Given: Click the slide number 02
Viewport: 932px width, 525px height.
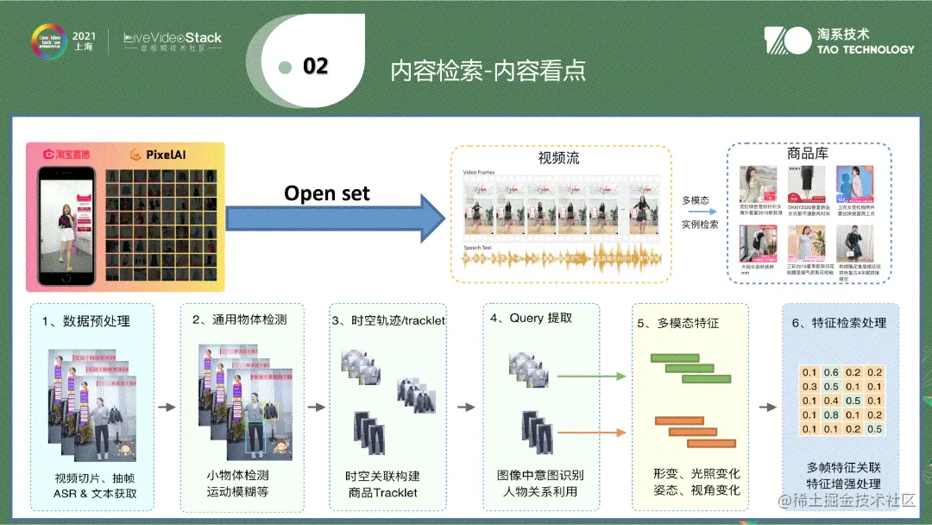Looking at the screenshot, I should [x=316, y=66].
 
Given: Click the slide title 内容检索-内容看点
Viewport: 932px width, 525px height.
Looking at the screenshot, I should [x=488, y=70].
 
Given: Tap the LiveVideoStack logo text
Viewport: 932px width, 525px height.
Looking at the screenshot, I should [x=173, y=38].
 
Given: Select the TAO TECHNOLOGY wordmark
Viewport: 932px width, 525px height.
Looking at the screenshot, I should [x=865, y=49].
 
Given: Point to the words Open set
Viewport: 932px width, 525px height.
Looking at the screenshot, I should [x=327, y=193].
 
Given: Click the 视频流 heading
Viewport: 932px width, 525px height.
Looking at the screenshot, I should [x=558, y=159].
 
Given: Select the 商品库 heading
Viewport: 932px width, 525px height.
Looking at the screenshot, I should [x=808, y=153].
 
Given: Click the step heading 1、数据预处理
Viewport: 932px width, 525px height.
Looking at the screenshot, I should [x=87, y=321].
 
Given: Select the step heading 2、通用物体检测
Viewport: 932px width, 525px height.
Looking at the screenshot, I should [x=239, y=319].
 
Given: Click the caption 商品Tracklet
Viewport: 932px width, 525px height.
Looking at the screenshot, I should [x=382, y=492].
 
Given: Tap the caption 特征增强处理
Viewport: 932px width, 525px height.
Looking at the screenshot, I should [x=843, y=484].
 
